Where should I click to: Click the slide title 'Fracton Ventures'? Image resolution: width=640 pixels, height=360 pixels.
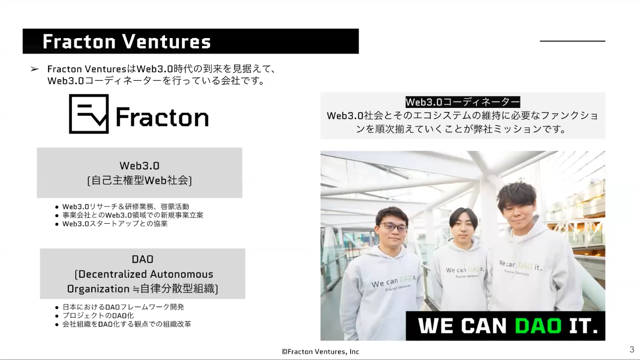127,42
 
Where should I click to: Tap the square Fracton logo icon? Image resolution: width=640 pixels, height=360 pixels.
89,114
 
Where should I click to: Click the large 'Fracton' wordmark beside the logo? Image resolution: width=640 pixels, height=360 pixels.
162,117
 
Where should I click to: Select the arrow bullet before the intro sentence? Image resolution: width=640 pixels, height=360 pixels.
35,69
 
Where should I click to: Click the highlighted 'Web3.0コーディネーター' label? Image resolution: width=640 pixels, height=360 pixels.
463,102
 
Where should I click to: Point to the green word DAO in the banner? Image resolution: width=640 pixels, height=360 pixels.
538,326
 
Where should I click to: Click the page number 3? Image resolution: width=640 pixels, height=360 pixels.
632,349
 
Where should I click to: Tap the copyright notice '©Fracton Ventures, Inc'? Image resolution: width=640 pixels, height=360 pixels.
320,352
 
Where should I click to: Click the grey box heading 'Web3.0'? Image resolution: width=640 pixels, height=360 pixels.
139,166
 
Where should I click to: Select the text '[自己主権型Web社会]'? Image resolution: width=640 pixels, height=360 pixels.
139,180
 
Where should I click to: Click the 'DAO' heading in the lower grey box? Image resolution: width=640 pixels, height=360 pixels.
143,259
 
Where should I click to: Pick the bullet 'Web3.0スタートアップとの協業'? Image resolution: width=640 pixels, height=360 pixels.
115,224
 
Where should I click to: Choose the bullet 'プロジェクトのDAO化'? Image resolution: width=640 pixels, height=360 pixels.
98,315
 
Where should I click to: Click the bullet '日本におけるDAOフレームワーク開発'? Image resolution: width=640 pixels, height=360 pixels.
123,307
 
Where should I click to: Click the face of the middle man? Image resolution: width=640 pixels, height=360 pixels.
462,229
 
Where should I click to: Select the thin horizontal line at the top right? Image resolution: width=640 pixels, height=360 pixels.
573,41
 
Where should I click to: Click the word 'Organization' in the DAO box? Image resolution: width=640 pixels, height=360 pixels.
98,289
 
